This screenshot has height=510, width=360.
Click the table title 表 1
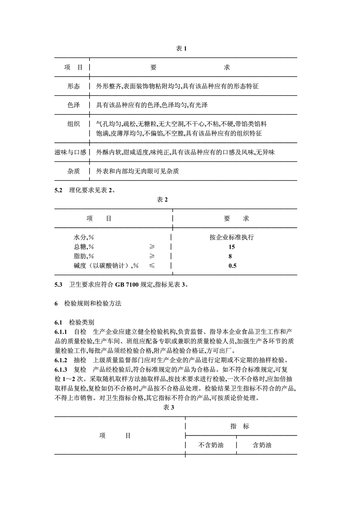(181, 49)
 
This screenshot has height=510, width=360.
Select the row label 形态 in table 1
(74, 86)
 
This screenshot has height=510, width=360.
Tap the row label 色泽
(74, 105)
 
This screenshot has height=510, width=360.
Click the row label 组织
(74, 124)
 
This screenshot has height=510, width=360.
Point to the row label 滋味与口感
(70, 152)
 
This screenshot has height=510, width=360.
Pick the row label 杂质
(74, 171)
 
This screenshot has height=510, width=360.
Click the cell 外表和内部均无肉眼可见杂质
(137, 171)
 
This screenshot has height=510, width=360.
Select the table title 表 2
(162, 199)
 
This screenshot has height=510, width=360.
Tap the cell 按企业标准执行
(232, 237)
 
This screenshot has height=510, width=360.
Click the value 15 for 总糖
(232, 247)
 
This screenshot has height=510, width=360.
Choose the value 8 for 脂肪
(230, 256)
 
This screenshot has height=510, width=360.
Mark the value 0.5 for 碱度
(232, 266)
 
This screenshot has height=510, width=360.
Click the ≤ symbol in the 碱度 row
(152, 266)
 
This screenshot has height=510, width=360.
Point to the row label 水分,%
(84, 237)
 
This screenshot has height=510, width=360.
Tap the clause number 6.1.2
(61, 360)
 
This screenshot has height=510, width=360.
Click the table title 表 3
(168, 407)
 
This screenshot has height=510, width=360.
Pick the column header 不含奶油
(211, 445)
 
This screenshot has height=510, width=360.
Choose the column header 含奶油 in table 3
(262, 445)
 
